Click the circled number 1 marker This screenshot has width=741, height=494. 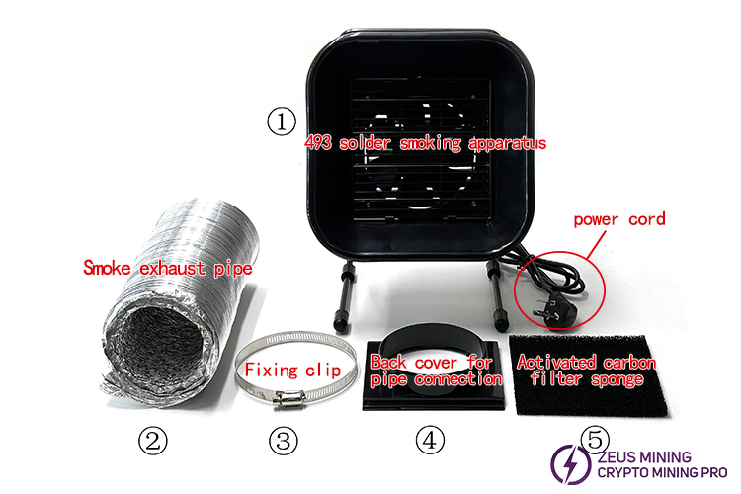click(282, 122)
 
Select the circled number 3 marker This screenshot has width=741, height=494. click(284, 442)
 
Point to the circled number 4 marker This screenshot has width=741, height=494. click(430, 442)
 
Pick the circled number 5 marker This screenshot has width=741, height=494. click(595, 436)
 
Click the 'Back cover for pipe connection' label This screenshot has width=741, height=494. click(432, 371)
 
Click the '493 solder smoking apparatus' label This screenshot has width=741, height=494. click(424, 143)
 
